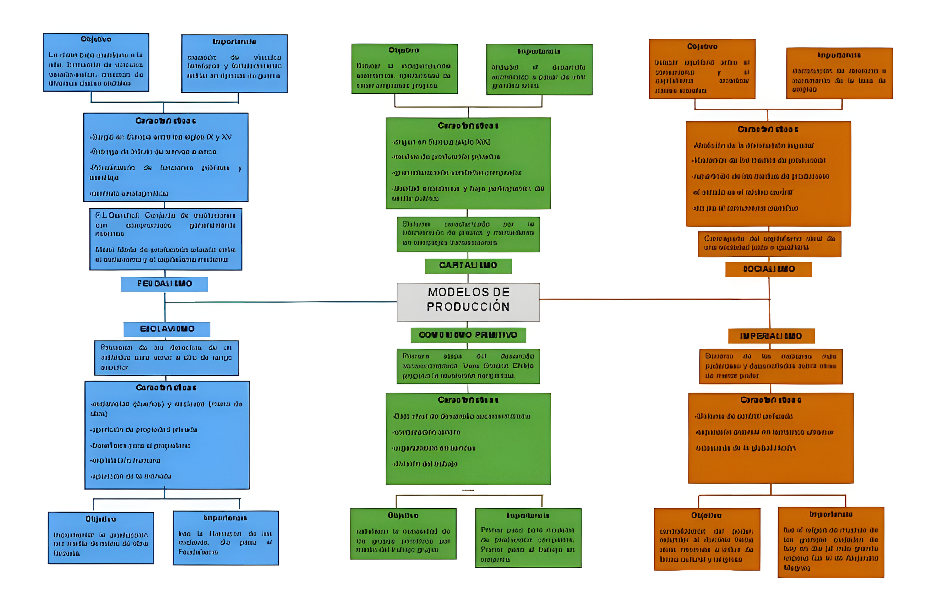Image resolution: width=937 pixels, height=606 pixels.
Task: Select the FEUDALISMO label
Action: click(x=165, y=284)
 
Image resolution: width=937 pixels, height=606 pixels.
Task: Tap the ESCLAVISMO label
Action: click(x=167, y=329)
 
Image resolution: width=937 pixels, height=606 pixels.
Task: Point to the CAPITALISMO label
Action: click(x=468, y=265)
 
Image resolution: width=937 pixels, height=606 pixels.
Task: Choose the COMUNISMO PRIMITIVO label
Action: click(x=468, y=335)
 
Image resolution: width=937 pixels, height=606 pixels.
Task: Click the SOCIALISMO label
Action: click(x=769, y=269)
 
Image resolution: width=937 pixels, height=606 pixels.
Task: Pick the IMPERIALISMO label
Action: click(x=771, y=336)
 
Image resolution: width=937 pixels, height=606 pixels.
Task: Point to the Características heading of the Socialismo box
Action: click(x=768, y=130)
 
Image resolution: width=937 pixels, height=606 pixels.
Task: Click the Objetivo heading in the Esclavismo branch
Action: click(x=101, y=519)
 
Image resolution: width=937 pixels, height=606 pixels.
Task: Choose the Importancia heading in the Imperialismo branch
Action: click(x=831, y=514)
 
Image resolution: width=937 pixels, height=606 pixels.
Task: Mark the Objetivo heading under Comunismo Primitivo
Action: click(x=403, y=515)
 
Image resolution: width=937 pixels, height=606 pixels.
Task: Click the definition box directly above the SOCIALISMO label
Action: click(x=769, y=243)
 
